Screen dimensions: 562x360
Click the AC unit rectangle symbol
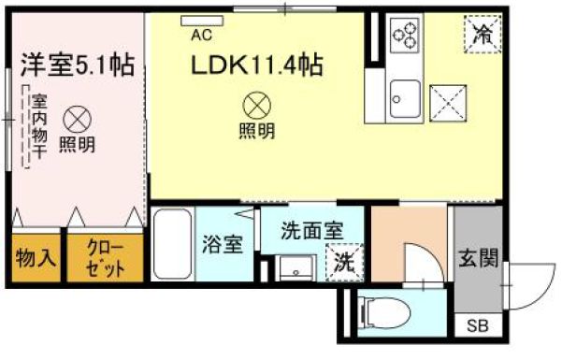(x=202, y=22)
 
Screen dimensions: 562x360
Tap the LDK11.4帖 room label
(x=257, y=65)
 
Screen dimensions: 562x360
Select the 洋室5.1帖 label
(x=78, y=65)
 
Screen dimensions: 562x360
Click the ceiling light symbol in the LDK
(x=257, y=107)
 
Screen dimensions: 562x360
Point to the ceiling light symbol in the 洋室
(x=77, y=120)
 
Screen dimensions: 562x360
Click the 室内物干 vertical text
(x=39, y=126)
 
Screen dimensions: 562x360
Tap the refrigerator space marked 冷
(x=483, y=35)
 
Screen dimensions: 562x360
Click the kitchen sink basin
(x=405, y=98)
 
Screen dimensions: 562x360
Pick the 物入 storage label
(x=36, y=258)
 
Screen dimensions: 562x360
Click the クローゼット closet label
(x=106, y=258)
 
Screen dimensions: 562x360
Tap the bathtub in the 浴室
(x=172, y=244)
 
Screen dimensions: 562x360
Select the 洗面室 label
(x=312, y=231)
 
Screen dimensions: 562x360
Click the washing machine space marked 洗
(x=344, y=263)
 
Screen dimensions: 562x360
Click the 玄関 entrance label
(x=479, y=258)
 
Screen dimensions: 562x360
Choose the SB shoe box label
(x=478, y=326)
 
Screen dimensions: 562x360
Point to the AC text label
(x=201, y=36)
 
